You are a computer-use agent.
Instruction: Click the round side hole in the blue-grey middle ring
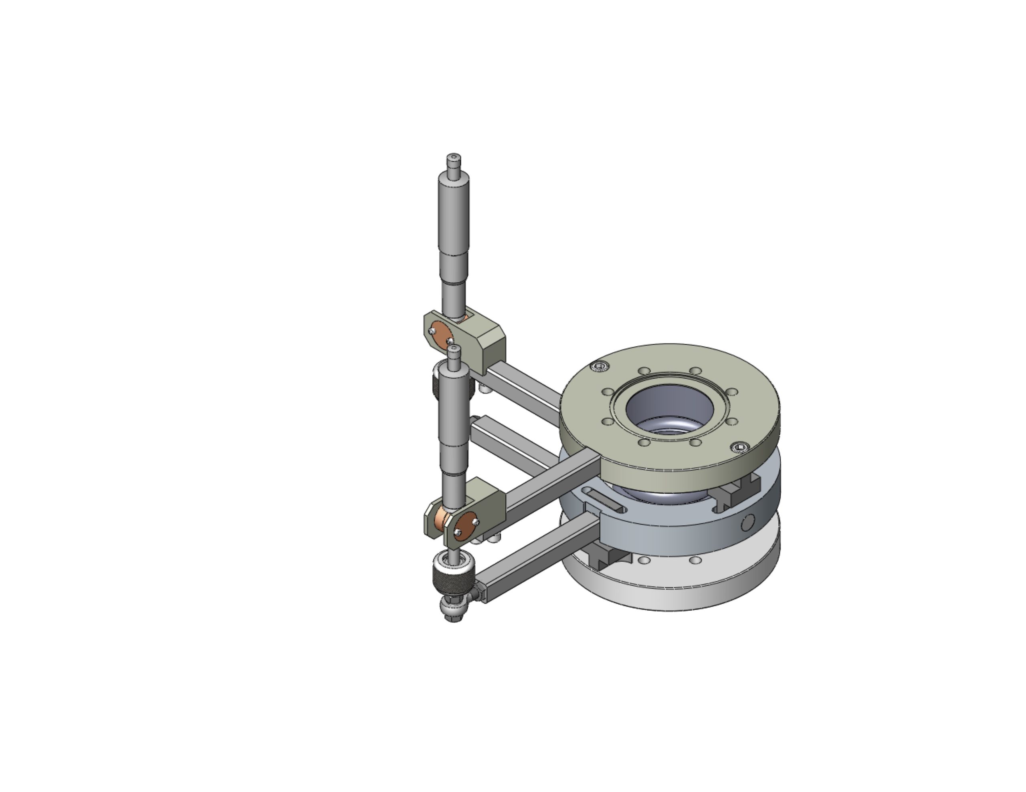click(x=747, y=522)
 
